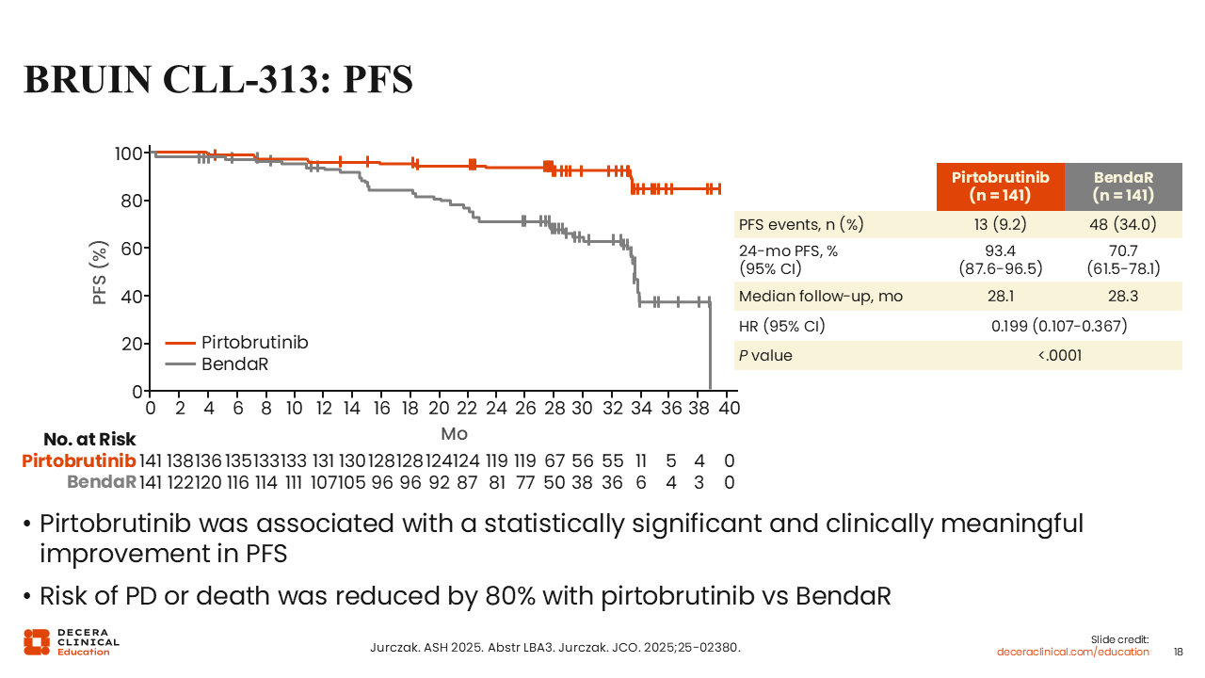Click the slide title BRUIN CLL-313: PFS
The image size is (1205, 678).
click(217, 80)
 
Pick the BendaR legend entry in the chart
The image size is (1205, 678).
click(234, 364)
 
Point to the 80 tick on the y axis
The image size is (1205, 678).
click(130, 201)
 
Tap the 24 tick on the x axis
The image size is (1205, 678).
click(495, 409)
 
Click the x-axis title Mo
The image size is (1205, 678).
click(454, 434)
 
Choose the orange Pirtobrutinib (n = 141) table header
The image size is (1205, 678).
click(1000, 186)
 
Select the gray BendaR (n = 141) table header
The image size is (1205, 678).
click(1123, 186)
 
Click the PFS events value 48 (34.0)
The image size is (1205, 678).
click(1123, 224)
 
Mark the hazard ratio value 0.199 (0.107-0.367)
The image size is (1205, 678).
click(1059, 326)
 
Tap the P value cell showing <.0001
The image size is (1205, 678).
click(1059, 355)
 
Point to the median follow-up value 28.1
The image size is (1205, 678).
click(1000, 297)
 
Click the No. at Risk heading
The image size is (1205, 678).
click(89, 440)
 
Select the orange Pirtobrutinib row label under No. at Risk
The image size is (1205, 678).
click(79, 461)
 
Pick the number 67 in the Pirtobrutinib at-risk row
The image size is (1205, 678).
click(554, 461)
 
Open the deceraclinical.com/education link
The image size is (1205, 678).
click(1073, 652)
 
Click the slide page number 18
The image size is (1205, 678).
click(1178, 652)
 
